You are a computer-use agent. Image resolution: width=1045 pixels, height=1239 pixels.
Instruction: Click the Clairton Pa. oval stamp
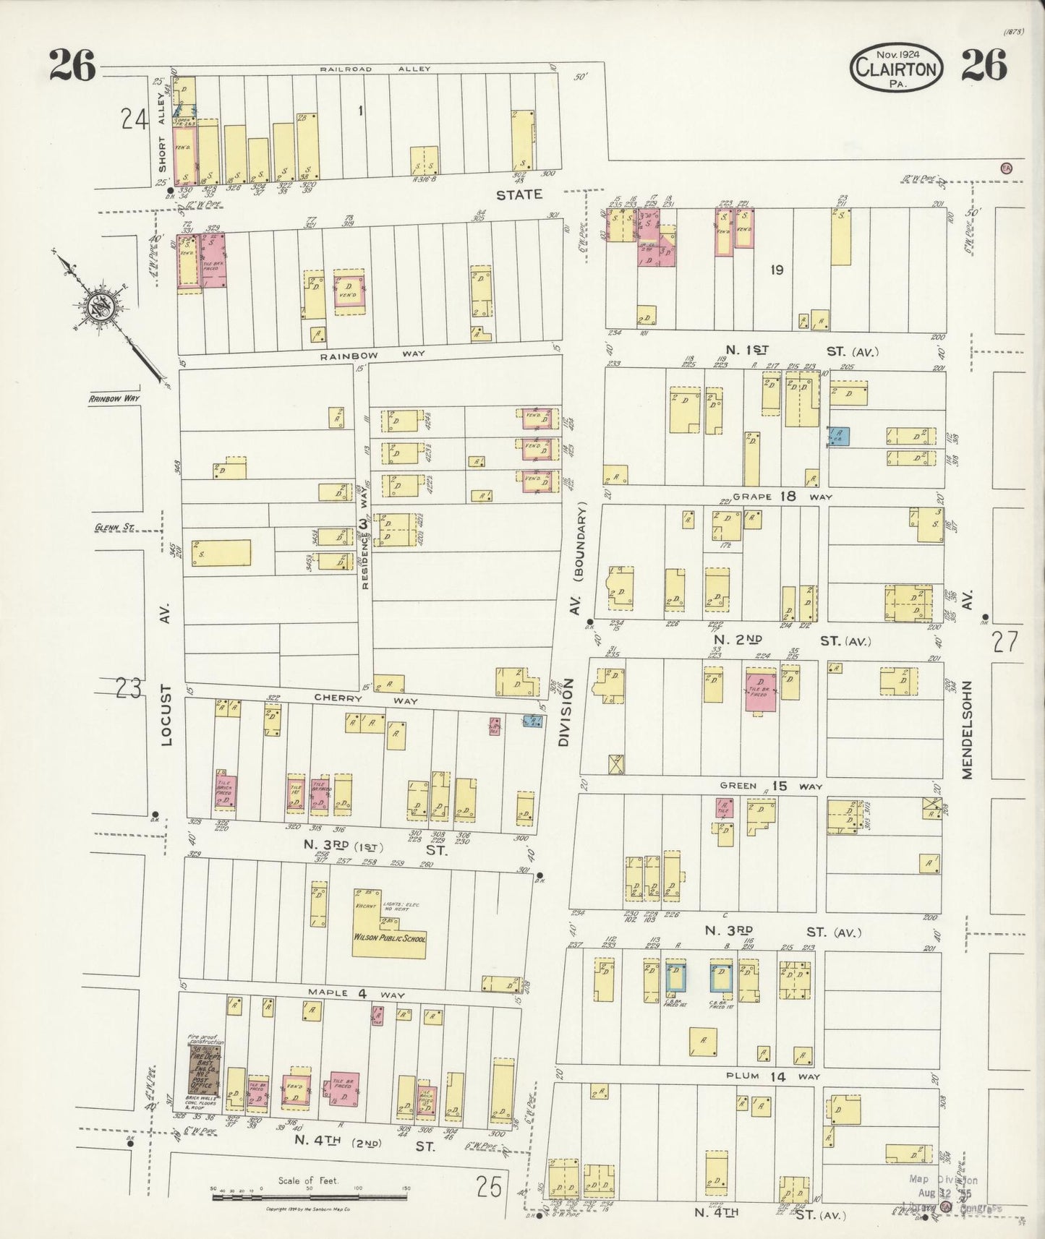pos(897,68)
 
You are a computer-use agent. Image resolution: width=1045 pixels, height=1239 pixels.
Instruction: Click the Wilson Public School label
pos(389,938)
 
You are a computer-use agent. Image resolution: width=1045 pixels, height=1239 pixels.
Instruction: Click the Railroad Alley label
pos(375,69)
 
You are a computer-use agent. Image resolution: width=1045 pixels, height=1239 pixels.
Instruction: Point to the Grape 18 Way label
pos(782,497)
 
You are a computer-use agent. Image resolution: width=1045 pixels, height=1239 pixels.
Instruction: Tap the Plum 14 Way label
pos(773,1076)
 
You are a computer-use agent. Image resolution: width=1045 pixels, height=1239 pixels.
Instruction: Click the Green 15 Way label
pos(769,786)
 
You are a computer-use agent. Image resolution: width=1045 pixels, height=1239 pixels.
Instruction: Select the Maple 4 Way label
pos(359,994)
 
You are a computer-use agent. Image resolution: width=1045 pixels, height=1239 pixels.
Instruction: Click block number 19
pos(777,270)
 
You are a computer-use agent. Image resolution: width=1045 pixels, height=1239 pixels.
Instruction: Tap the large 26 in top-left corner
pos(72,67)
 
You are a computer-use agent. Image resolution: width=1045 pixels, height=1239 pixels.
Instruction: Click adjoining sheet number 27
pos(1005,642)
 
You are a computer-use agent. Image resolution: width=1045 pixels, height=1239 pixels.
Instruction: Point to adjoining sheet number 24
pos(135,119)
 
